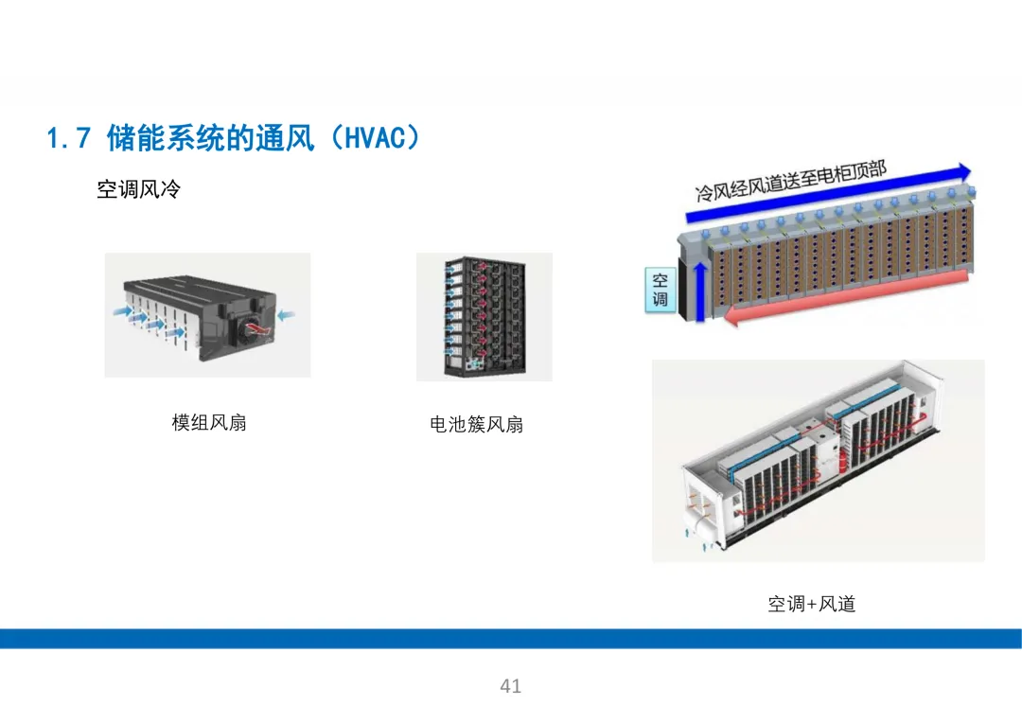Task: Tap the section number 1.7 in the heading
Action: tap(68, 139)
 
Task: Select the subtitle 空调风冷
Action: tap(138, 190)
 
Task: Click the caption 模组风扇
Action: tap(209, 422)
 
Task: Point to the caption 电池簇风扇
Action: tap(476, 424)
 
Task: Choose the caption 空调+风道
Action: tap(811, 604)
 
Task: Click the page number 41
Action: tap(511, 686)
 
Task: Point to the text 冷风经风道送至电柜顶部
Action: tap(790, 182)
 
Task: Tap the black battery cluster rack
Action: tap(483, 316)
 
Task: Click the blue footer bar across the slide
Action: tap(511, 639)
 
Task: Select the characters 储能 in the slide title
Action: tap(135, 138)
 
